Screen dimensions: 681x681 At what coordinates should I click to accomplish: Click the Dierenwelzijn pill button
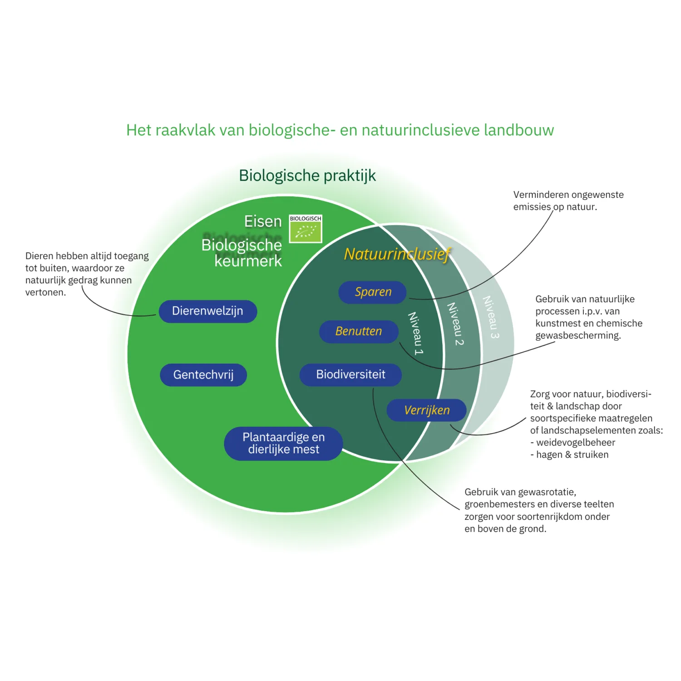click(208, 311)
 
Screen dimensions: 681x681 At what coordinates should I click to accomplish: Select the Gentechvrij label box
click(203, 375)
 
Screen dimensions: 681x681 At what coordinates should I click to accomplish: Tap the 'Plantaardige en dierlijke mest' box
click(283, 444)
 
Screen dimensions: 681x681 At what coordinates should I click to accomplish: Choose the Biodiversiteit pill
click(350, 375)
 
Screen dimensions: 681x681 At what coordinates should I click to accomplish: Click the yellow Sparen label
click(373, 292)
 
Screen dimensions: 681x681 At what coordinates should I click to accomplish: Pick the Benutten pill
click(359, 331)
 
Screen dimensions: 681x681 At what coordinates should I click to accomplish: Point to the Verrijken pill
click(427, 410)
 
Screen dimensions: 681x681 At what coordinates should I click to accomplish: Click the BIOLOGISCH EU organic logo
click(306, 229)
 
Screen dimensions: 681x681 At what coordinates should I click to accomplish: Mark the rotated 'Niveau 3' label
click(491, 317)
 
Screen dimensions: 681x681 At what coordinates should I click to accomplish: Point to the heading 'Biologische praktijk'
click(307, 176)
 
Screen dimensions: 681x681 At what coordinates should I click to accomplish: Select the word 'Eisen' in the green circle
click(263, 222)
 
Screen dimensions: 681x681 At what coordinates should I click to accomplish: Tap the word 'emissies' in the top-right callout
click(532, 207)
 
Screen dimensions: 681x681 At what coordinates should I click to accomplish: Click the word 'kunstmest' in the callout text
click(557, 324)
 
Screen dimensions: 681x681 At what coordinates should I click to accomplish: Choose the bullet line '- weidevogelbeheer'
click(573, 443)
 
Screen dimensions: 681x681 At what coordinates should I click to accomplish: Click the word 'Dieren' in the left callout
click(39, 256)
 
